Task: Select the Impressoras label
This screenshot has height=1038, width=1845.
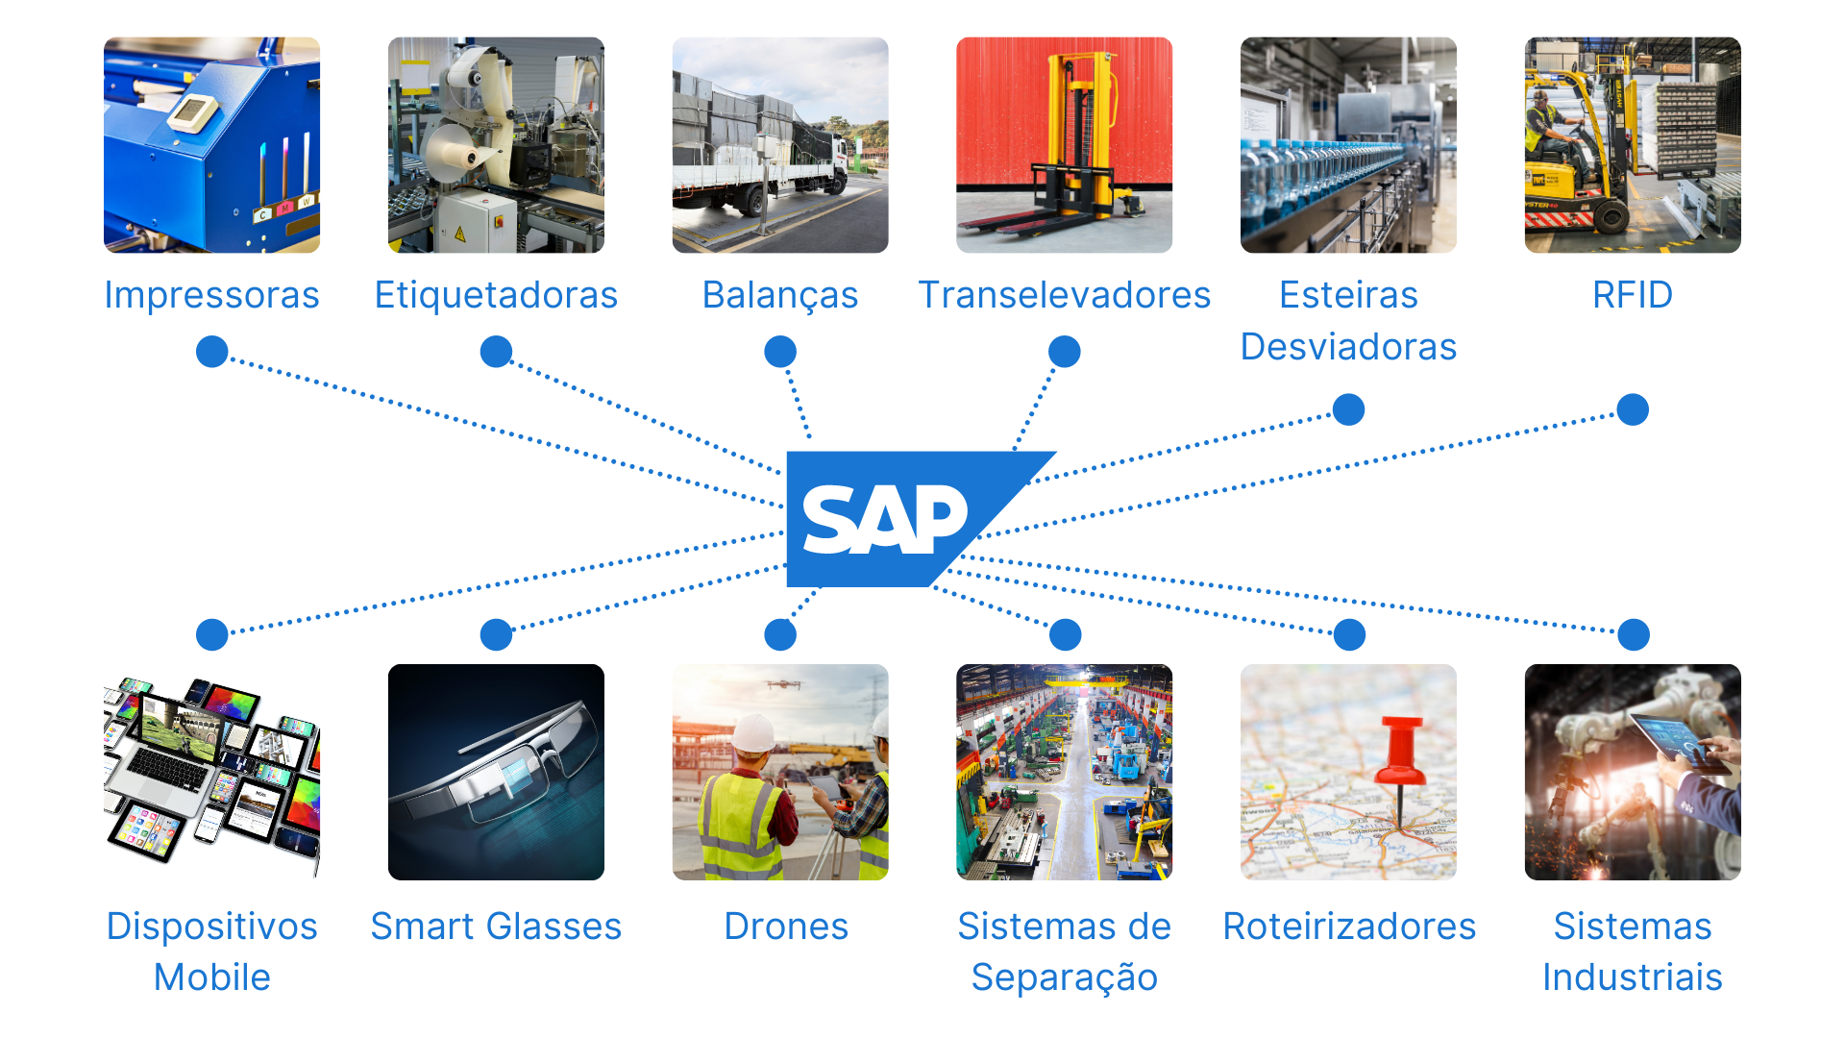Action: (x=211, y=295)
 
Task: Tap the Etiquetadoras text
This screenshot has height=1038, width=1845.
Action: (x=496, y=295)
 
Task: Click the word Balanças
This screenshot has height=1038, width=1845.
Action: (x=780, y=295)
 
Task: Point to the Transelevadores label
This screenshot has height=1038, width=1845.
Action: (x=1065, y=295)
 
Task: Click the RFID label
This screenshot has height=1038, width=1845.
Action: (x=1633, y=295)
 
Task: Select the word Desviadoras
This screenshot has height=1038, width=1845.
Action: (x=1348, y=347)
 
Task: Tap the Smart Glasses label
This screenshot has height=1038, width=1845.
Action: (x=496, y=927)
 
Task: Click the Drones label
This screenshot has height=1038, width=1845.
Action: (x=786, y=927)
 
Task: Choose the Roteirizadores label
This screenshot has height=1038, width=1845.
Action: (x=1349, y=927)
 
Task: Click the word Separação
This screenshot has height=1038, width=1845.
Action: (x=1065, y=978)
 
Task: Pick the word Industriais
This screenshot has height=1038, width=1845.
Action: (x=1633, y=977)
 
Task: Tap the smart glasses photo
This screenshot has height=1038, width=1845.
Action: (x=496, y=772)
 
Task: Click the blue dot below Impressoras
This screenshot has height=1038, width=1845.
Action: (x=211, y=352)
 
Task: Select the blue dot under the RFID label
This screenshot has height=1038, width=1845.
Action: (x=1633, y=409)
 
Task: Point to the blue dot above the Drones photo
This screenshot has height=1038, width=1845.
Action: (x=780, y=634)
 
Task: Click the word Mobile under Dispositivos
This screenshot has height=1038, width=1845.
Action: (x=211, y=977)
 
